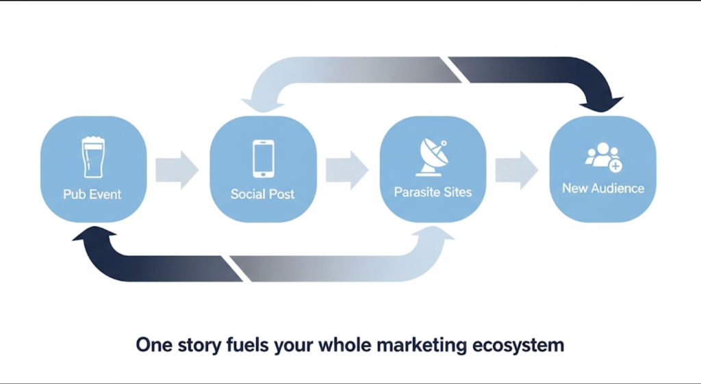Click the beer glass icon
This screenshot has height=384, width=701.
(93, 157)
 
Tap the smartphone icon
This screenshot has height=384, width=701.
(264, 159)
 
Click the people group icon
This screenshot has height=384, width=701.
(604, 157)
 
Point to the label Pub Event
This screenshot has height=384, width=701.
(92, 194)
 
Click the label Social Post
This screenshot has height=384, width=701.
(262, 194)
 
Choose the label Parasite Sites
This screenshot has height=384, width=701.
(433, 192)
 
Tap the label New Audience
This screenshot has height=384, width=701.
(603, 188)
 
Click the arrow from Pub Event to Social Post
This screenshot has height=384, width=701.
(177, 170)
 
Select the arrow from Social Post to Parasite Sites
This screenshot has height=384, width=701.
(347, 170)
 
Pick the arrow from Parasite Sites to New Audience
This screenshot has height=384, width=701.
(517, 170)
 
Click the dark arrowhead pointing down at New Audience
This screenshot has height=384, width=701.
(601, 105)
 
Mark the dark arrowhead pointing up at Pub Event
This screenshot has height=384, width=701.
(94, 234)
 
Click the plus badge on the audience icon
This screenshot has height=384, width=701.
(615, 166)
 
